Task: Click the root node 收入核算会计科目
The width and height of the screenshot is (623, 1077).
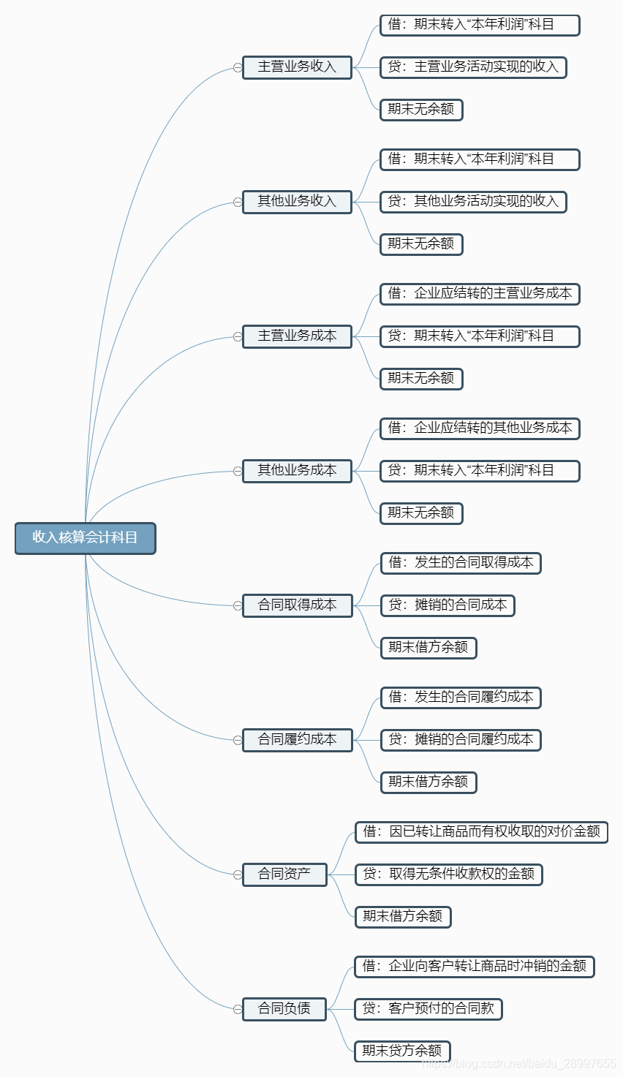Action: tap(85, 538)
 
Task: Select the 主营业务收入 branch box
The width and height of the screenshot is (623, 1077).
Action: tap(297, 67)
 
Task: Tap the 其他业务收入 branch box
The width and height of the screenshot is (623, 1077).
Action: tap(297, 202)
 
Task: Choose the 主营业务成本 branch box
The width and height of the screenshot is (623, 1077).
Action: tap(297, 336)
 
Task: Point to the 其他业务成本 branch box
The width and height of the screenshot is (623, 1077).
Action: tap(297, 471)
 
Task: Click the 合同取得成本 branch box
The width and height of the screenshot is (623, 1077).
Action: tap(297, 605)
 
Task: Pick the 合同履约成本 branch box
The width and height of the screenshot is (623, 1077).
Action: tap(297, 740)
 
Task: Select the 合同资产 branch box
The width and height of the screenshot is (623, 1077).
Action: tap(284, 874)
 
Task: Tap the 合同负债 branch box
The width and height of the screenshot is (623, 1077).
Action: tap(284, 1009)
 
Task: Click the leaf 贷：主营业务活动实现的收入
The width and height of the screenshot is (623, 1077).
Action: tap(473, 67)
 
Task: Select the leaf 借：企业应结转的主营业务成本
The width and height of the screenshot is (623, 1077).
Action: tap(480, 294)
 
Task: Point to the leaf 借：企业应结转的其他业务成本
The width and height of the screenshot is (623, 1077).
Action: tap(480, 428)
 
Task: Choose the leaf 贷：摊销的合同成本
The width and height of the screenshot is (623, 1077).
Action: tap(448, 605)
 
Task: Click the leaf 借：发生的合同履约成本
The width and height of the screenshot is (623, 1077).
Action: tap(461, 698)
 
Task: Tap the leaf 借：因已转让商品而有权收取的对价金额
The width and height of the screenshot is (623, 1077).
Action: tap(481, 832)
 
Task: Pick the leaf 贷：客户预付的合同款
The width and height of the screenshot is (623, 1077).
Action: tap(428, 1009)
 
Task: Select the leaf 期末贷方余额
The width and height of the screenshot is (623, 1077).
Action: tap(402, 1051)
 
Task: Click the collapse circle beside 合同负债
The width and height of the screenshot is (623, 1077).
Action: tap(238, 1009)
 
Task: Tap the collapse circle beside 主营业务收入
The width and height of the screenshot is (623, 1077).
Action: tap(238, 67)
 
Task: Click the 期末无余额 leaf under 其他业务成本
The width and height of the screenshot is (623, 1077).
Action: tap(421, 513)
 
